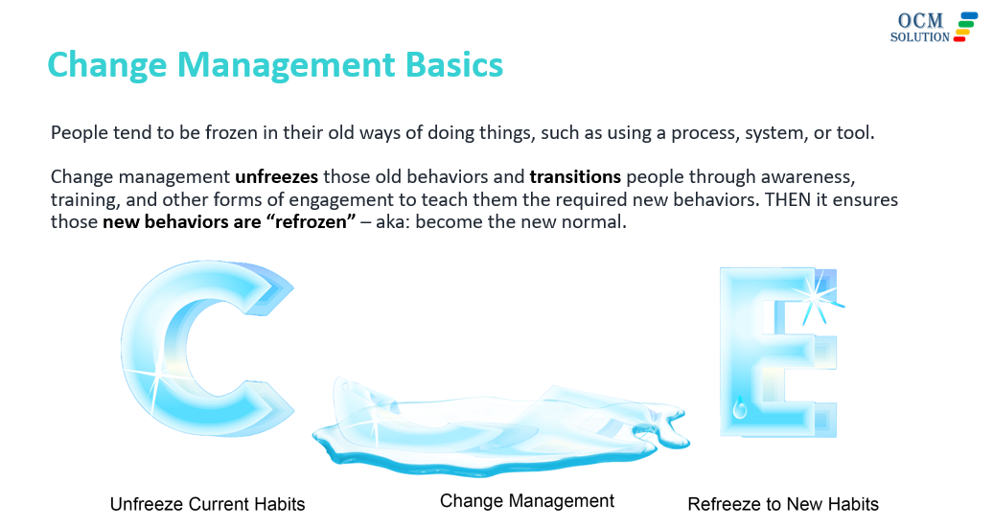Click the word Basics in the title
454,64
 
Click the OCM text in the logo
920,20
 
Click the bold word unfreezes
277,176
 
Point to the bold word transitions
575,176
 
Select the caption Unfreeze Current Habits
208,504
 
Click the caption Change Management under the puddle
527,501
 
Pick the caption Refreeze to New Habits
783,504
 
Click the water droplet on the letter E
739,407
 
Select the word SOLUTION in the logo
919,37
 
